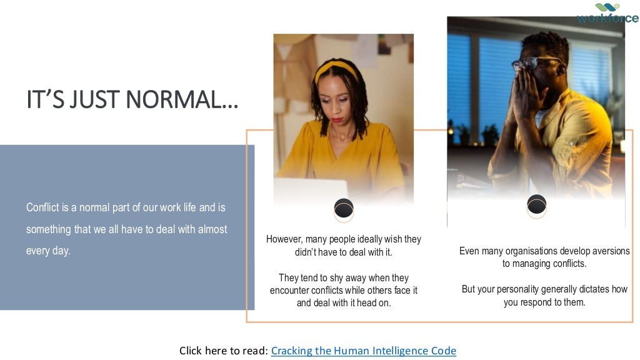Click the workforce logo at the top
[x=607, y=13]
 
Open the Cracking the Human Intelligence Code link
[x=364, y=351]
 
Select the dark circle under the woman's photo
[x=344, y=208]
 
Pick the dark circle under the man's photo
[x=537, y=204]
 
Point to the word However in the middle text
[x=284, y=239]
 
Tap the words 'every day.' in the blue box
[x=49, y=251]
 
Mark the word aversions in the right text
[x=608, y=251]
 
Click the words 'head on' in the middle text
[x=371, y=303]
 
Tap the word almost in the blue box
[x=212, y=229]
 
